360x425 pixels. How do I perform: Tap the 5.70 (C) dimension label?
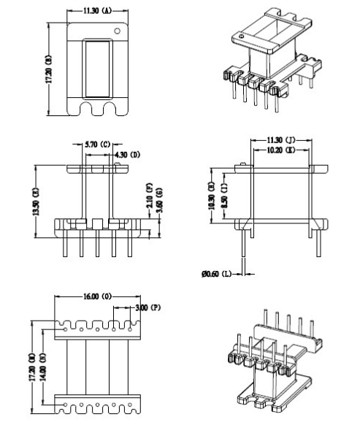[97, 145]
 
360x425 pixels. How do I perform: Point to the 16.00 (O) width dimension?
[96, 298]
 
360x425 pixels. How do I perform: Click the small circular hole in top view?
[117, 31]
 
